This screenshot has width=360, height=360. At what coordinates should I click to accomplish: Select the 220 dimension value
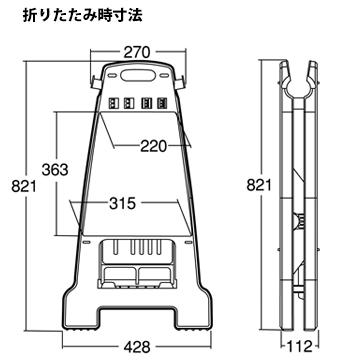tap(152, 146)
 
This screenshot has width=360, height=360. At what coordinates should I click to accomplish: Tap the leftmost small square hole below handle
tap(116, 101)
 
